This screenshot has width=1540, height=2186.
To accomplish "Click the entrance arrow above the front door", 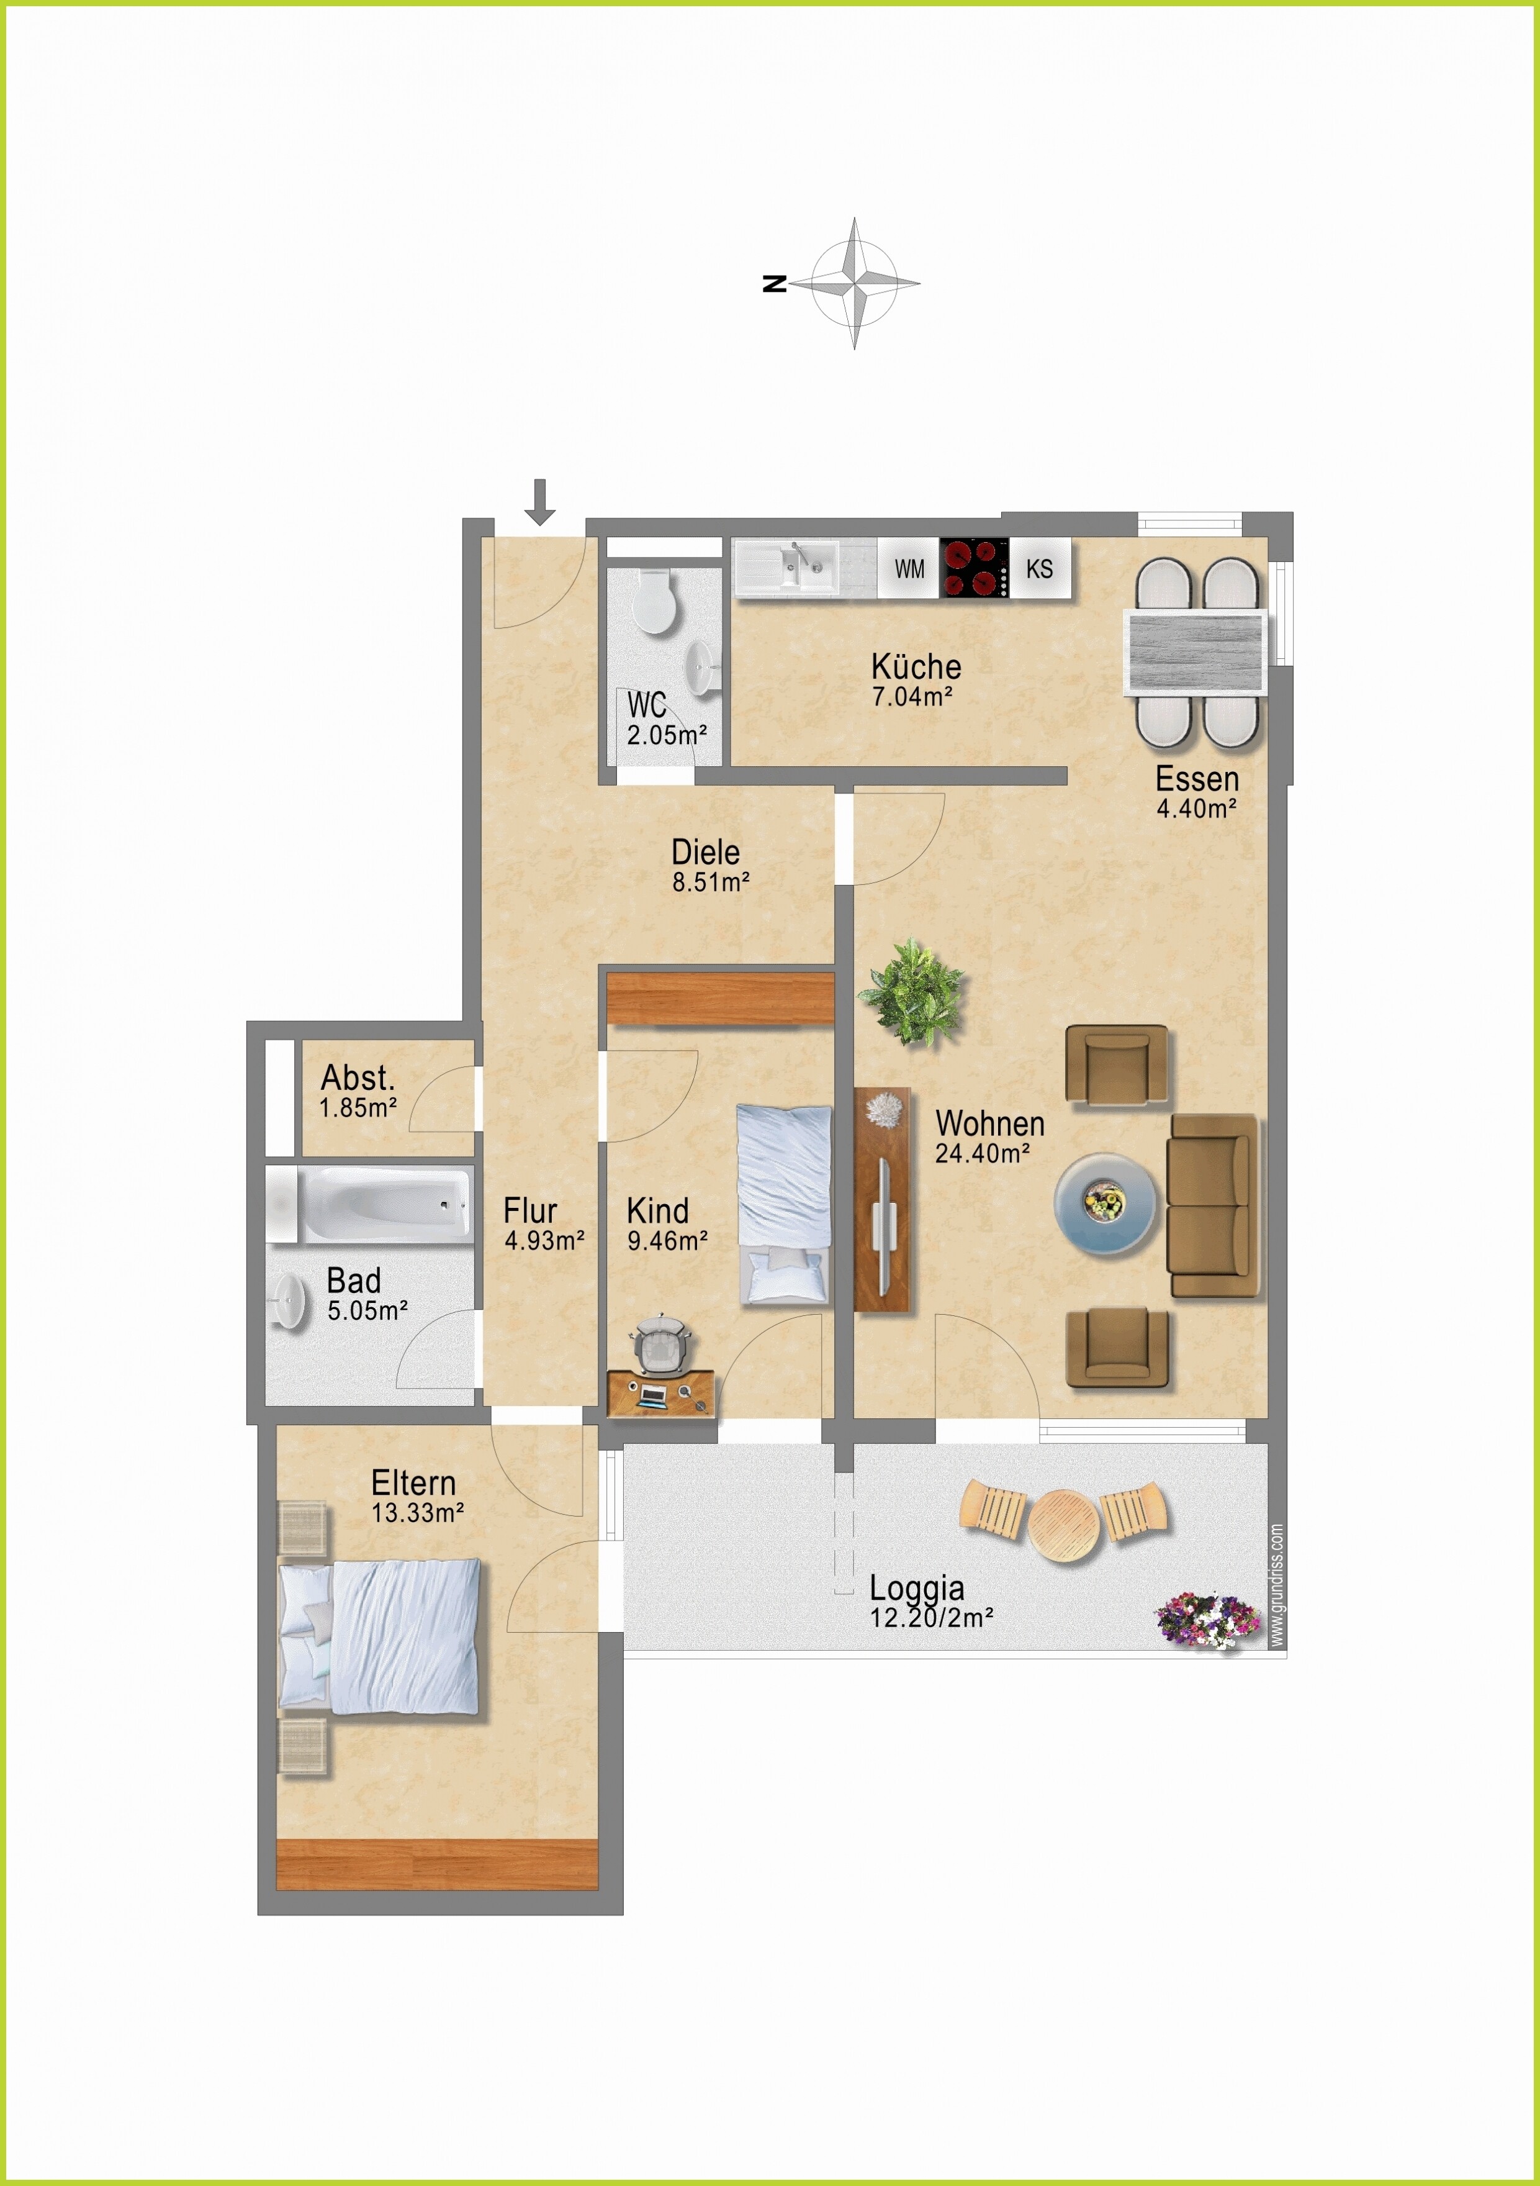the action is (x=539, y=502).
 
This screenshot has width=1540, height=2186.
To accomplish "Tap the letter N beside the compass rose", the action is (x=775, y=283).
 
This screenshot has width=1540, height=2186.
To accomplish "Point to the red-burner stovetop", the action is (x=975, y=568).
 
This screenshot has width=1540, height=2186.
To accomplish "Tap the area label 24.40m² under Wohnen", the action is (x=982, y=1153).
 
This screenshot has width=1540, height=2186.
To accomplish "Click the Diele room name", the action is (x=705, y=851).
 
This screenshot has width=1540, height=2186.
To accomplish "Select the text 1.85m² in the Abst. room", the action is (x=358, y=1107).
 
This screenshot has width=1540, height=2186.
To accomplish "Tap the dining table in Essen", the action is (x=1196, y=652).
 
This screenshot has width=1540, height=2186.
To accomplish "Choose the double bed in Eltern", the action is (x=379, y=1636).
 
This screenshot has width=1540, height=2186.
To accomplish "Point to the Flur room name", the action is (x=530, y=1210).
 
